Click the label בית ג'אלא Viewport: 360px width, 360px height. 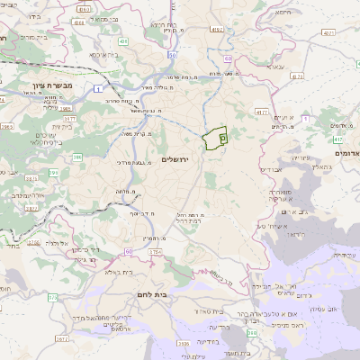pyautogui.click(x=118, y=271)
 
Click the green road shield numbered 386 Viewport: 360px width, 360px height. pyautogui.click(x=77, y=157)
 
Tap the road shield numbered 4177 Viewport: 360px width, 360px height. pyautogui.click(x=261, y=112)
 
